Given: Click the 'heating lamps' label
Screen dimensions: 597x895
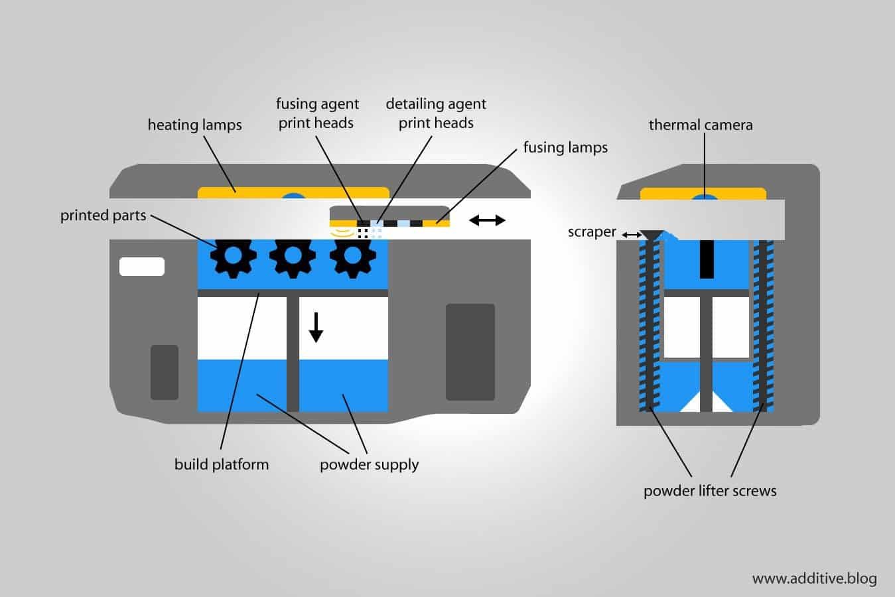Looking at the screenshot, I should (x=194, y=125).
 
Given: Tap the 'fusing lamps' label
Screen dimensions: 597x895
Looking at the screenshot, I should (x=565, y=147).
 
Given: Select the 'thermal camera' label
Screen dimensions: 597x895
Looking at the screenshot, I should (x=701, y=125).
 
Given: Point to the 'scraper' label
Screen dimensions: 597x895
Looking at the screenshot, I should (x=592, y=232).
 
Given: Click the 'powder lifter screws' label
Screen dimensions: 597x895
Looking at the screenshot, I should (x=710, y=491).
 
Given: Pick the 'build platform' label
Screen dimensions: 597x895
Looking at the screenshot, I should (x=222, y=464).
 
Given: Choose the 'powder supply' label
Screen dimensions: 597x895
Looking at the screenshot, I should (x=369, y=464).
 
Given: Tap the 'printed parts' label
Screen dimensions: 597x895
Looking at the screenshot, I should (x=103, y=216).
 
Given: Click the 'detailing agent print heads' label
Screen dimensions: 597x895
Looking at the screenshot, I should (x=436, y=113).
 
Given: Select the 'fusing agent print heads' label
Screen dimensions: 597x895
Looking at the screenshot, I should (x=317, y=113).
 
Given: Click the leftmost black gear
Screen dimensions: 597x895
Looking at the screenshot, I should (x=234, y=255).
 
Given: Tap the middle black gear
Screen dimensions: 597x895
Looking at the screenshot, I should (x=292, y=255).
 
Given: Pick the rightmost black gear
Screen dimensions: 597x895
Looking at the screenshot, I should (x=352, y=255).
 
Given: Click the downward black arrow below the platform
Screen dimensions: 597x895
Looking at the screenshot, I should (x=316, y=327).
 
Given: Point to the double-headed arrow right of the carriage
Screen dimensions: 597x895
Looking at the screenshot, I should (x=488, y=220).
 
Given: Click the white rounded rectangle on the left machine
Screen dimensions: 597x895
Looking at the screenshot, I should (x=141, y=266).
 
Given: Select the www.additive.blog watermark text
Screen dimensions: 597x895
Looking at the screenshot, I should (x=814, y=578).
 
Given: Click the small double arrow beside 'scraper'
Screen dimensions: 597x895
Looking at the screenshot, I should (x=631, y=235).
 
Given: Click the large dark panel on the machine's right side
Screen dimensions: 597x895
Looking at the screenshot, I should (x=470, y=352).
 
